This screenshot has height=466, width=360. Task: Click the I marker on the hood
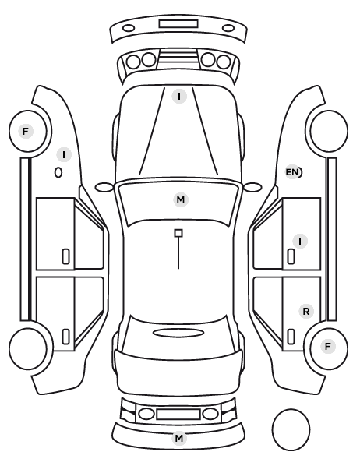pos(179,97)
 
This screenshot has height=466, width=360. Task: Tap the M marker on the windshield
pos(181,199)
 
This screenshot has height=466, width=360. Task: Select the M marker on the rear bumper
pos(179,438)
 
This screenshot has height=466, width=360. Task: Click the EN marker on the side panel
pos(293,172)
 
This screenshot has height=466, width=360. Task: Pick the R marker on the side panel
pos(306,312)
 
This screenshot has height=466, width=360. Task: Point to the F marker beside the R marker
pos(327,346)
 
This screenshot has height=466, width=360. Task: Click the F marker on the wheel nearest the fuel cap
pos(26,131)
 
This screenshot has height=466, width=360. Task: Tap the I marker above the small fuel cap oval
pos(64,155)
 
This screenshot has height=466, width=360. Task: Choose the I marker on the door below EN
pos(300,241)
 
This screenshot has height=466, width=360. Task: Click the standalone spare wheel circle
pos(291,429)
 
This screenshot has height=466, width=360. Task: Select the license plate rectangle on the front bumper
pos(178,24)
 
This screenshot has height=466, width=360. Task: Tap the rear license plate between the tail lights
pos(178,414)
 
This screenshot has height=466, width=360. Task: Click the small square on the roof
pos(178,233)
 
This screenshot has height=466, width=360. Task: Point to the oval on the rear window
pos(178,333)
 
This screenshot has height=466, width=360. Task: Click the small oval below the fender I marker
pos(58,173)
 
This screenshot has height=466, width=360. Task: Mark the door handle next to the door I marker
pos(291,256)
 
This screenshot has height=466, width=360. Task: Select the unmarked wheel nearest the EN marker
pos(329,131)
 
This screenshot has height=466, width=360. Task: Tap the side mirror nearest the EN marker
pos(252,187)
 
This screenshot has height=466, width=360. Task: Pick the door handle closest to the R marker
pos(291,337)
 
